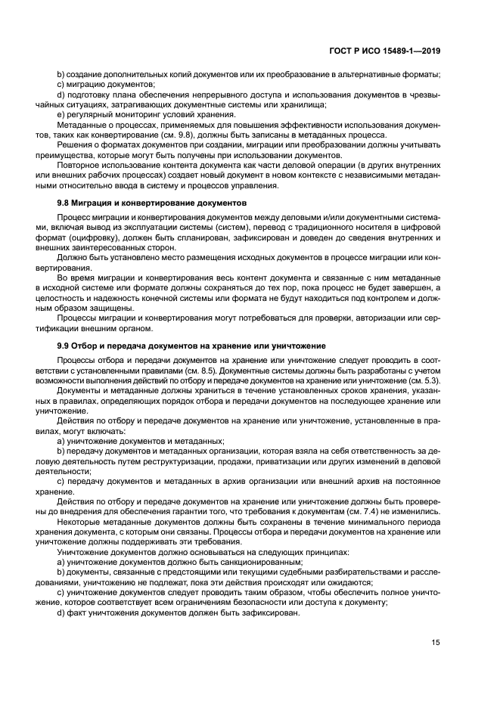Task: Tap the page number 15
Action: coord(436,643)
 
